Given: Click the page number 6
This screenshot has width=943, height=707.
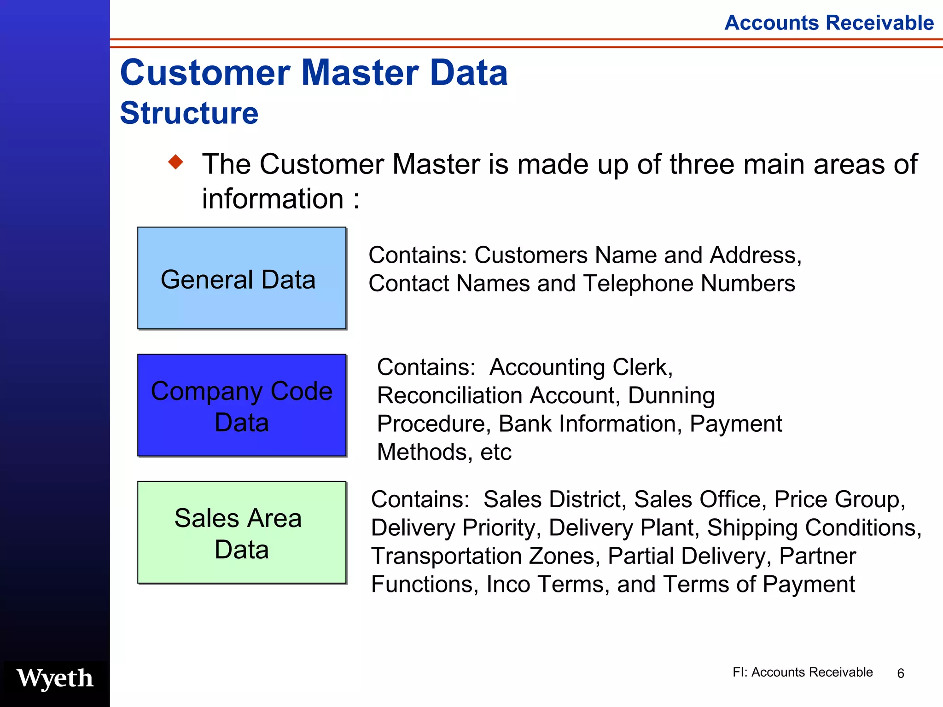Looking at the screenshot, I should click(x=901, y=673).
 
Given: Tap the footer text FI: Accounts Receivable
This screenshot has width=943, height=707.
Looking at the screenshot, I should click(x=802, y=672).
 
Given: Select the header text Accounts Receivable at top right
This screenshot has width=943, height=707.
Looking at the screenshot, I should click(x=829, y=23).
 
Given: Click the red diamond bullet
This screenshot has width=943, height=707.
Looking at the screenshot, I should click(x=175, y=162).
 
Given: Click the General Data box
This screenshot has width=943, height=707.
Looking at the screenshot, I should click(x=242, y=278).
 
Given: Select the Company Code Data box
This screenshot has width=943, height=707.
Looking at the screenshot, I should click(x=242, y=406).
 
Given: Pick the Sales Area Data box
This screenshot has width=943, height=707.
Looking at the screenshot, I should click(x=242, y=533).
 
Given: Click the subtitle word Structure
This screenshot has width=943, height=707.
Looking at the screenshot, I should click(x=189, y=113).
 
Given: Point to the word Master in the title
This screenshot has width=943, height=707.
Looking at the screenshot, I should click(x=360, y=73).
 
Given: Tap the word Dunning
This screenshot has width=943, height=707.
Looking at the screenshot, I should click(x=671, y=395).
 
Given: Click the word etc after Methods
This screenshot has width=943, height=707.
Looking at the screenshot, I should click(x=496, y=452).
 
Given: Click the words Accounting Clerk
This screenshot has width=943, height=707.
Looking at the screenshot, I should click(x=581, y=367).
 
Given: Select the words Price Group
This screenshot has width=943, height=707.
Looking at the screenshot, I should click(x=839, y=499).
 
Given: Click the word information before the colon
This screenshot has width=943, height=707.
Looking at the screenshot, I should click(x=273, y=199).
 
